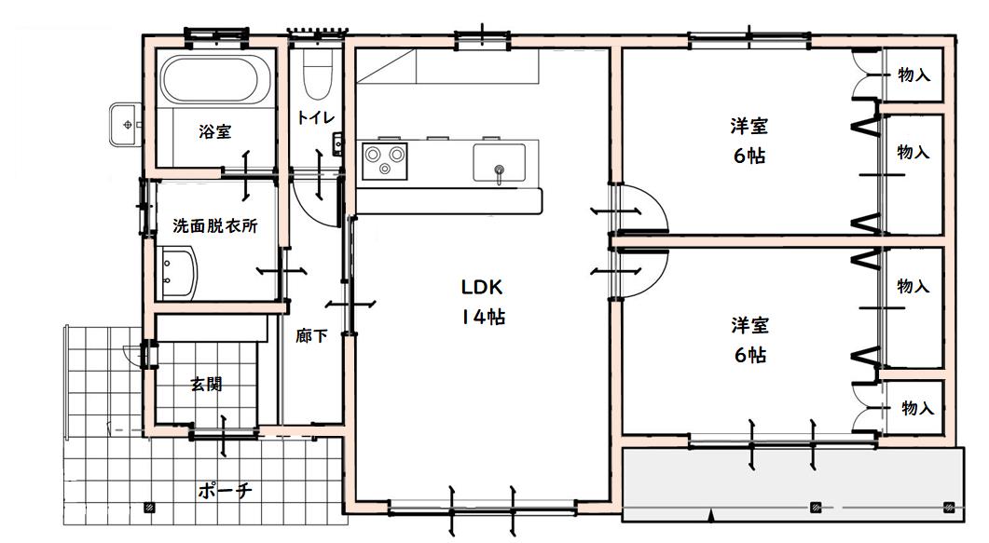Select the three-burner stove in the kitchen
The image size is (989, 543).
[x=384, y=160]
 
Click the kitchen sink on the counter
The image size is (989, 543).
[x=499, y=163]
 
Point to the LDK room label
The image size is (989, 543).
[x=482, y=287]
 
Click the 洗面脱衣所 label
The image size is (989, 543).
[x=215, y=225]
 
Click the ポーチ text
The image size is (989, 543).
[x=226, y=490]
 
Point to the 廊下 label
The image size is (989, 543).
[x=311, y=335]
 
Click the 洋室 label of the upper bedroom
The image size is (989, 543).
[x=749, y=126]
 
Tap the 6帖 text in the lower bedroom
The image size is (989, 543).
[x=750, y=355]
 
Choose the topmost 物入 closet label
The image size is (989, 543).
[x=913, y=75]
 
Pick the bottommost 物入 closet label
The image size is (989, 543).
[x=918, y=408]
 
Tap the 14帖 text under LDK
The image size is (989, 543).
[x=483, y=317]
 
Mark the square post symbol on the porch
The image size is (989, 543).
[x=149, y=507]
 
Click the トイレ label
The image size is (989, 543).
[x=315, y=117]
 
